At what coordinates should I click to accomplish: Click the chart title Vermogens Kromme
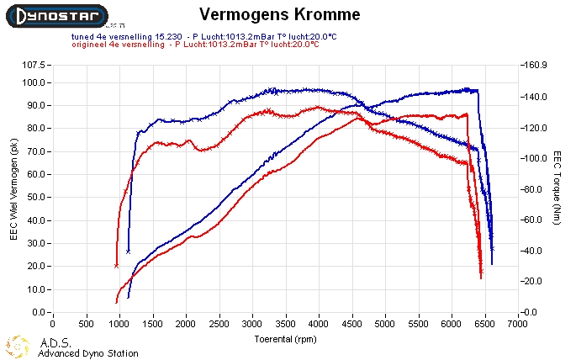pos(267,14)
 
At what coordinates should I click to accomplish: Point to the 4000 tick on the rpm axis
pos(319,322)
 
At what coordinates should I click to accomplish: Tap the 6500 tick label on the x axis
pos(485,322)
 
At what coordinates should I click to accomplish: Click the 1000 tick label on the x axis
pos(119,322)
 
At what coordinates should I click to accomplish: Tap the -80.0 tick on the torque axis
pos(535,189)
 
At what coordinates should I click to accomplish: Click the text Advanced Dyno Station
pos(88,353)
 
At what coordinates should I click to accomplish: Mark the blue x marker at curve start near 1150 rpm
pos(129,251)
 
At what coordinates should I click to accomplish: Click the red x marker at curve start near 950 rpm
pos(117,266)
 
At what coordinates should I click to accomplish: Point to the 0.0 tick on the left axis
pos(39,312)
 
